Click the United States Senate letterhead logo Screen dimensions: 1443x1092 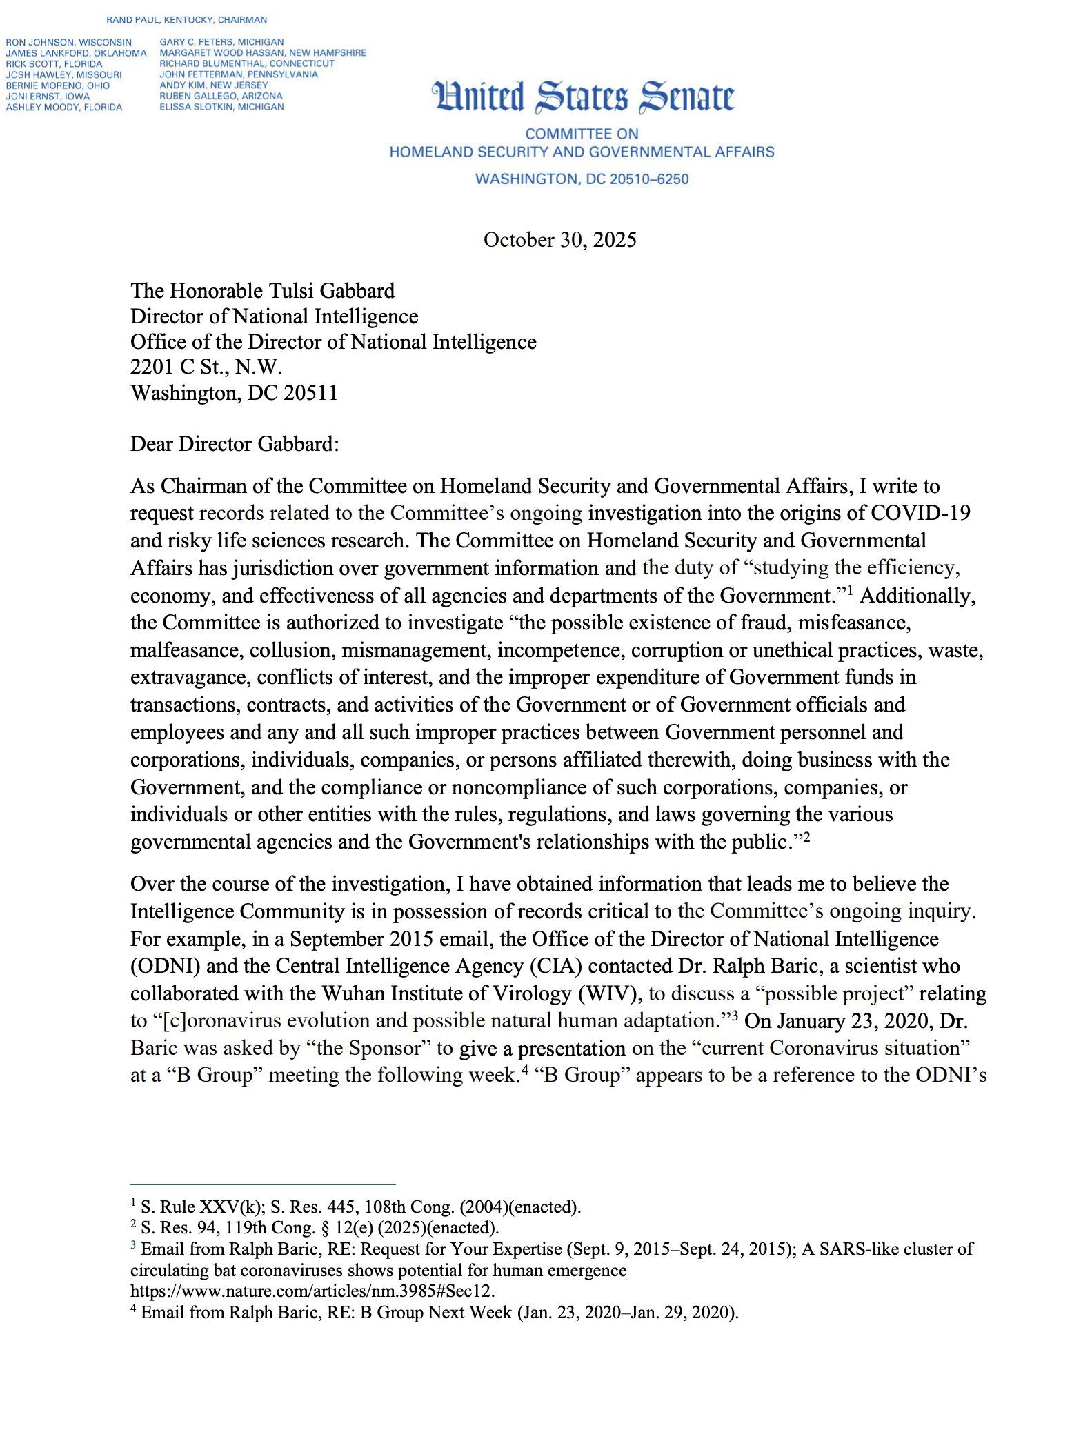coord(583,97)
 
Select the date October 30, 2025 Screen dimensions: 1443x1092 coord(559,240)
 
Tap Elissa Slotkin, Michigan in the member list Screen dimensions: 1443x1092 coord(221,107)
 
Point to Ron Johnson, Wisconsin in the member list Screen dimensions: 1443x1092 coord(68,42)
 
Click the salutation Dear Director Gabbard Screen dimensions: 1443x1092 coord(235,444)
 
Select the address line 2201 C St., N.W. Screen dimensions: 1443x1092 coord(206,367)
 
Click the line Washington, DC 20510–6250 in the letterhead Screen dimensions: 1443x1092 coord(582,179)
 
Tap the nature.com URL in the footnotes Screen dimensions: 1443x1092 coord(312,1291)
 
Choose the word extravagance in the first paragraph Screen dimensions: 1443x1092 coord(189,678)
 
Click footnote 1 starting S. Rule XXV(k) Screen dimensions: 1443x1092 coord(360,1207)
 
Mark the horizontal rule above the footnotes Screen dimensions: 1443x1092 coord(263,1184)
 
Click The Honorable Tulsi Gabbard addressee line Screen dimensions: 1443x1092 coord(263,291)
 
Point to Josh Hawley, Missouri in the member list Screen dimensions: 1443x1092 coord(63,74)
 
